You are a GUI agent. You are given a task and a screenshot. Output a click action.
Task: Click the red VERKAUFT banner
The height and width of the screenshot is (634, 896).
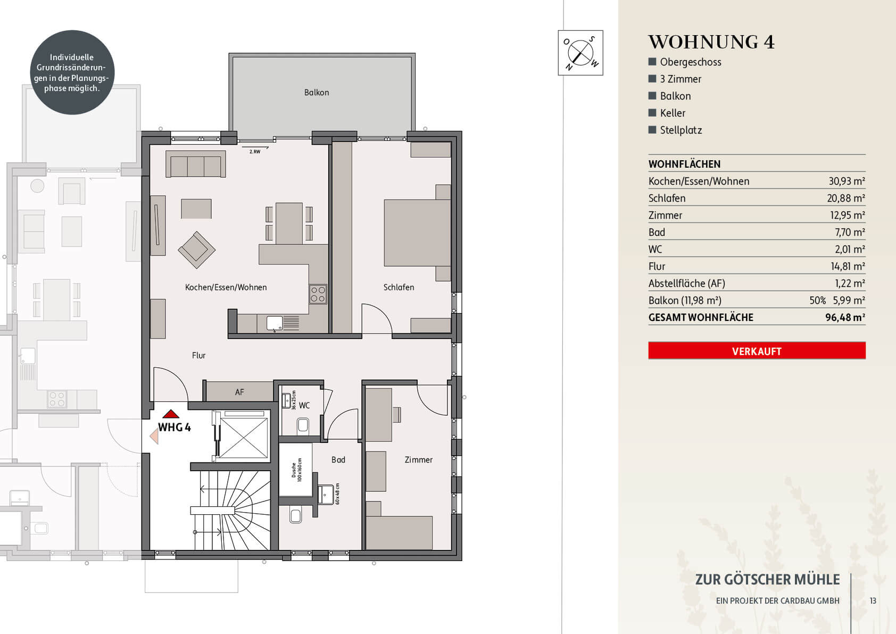point(757,351)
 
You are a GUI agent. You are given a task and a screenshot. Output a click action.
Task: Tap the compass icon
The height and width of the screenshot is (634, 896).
point(580,52)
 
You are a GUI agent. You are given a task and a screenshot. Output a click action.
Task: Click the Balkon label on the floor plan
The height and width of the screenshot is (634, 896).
point(317,93)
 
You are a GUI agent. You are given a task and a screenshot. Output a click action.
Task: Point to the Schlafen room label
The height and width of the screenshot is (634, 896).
point(399,287)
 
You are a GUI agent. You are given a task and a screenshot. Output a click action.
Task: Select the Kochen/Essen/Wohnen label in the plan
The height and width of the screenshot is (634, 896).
point(226,287)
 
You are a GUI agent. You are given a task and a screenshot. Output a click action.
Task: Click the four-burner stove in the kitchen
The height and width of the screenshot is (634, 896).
point(318,294)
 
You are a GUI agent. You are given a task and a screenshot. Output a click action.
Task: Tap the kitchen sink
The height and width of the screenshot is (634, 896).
point(275,323)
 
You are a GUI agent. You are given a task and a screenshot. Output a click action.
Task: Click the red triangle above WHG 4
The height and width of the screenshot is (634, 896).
point(171,414)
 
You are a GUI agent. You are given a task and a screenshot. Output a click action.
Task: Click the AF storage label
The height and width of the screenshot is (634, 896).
point(239,392)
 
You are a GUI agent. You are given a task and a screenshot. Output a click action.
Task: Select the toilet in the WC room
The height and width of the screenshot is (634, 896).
point(303,425)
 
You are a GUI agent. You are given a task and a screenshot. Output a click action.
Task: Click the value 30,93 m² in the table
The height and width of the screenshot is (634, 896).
point(847,182)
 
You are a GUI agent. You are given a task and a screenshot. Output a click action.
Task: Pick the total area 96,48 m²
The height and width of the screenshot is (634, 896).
point(845,317)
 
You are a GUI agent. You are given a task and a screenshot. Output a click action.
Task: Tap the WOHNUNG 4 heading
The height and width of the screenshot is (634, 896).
point(711,42)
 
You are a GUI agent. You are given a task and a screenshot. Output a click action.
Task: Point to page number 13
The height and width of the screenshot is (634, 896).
point(873,601)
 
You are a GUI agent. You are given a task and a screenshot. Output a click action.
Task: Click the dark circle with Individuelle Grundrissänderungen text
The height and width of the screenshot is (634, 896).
point(72,72)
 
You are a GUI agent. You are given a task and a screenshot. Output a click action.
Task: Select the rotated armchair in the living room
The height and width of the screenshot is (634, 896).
point(196,250)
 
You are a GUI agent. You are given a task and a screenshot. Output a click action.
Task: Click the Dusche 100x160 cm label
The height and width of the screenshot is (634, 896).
point(296,470)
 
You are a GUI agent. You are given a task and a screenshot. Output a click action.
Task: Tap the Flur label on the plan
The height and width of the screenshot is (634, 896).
point(198,356)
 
